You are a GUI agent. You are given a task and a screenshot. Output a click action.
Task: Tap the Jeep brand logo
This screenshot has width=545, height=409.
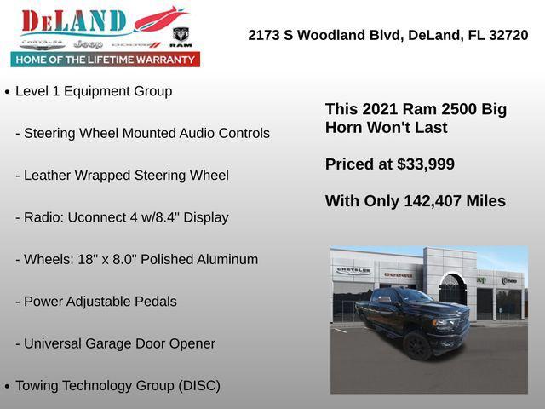(x=88, y=43)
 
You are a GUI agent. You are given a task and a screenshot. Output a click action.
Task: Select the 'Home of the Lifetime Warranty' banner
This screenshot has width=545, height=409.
(x=106, y=60)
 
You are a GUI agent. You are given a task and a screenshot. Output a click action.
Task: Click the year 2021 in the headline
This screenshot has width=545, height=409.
(x=380, y=109)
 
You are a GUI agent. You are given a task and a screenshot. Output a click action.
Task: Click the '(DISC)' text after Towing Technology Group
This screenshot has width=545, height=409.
(x=199, y=385)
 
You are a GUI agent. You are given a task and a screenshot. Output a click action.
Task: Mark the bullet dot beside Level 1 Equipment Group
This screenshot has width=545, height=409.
(x=8, y=92)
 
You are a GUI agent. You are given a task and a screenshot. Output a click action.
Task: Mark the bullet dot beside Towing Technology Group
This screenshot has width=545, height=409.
(x=8, y=386)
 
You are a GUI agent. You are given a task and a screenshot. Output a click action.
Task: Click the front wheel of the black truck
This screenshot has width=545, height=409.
(x=417, y=344)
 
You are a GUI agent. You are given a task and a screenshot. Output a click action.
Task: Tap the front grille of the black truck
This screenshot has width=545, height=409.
(x=450, y=325)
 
